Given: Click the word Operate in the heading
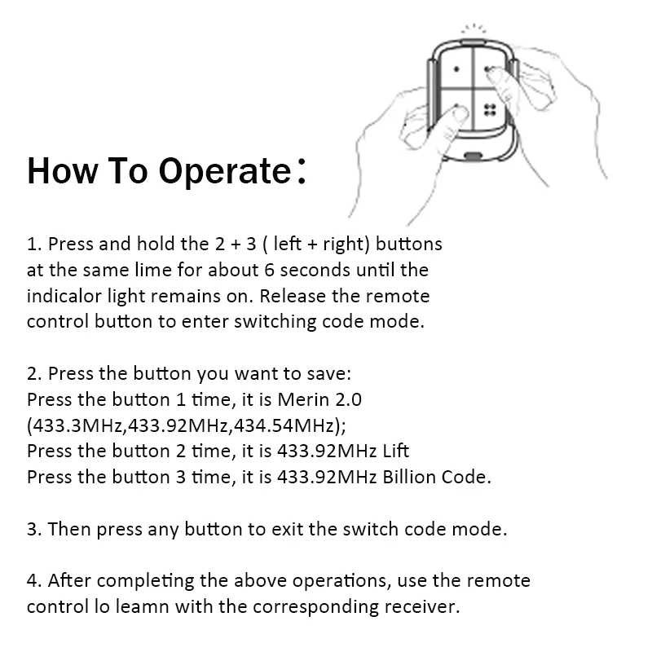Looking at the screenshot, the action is pyautogui.click(x=225, y=171).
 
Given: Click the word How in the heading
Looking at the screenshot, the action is pyautogui.click(x=63, y=170).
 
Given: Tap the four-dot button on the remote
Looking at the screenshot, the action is pyautogui.click(x=490, y=110).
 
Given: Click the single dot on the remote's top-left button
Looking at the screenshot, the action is pyautogui.click(x=456, y=69).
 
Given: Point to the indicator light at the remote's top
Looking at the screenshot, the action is pyautogui.click(x=474, y=42).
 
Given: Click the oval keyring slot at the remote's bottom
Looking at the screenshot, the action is pyautogui.click(x=473, y=156).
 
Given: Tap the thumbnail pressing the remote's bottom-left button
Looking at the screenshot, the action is pyautogui.click(x=459, y=113).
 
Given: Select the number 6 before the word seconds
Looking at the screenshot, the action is pyautogui.click(x=269, y=271).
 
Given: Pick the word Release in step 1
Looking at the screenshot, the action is pyautogui.click(x=293, y=296).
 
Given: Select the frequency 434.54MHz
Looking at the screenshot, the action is pyautogui.click(x=284, y=425).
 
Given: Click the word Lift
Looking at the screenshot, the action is pyautogui.click(x=396, y=452).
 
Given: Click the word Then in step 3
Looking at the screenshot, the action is pyautogui.click(x=69, y=529).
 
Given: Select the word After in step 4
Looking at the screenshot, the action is pyautogui.click(x=69, y=580).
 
